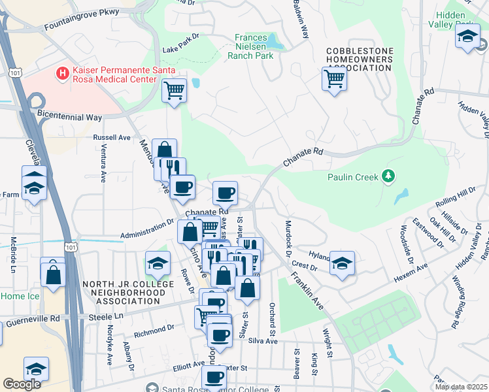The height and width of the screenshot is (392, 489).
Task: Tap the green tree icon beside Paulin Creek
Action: click(388, 176)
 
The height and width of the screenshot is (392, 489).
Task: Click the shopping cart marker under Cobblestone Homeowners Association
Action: click(334, 79)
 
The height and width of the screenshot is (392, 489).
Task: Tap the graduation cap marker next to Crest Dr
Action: click(342, 263)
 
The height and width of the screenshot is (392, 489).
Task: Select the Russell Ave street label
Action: click(112, 138)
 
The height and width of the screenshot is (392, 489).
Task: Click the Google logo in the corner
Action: click(22, 384)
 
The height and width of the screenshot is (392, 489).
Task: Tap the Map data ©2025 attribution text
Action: click(460, 387)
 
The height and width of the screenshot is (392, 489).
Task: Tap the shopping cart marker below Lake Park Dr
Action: click(174, 90)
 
